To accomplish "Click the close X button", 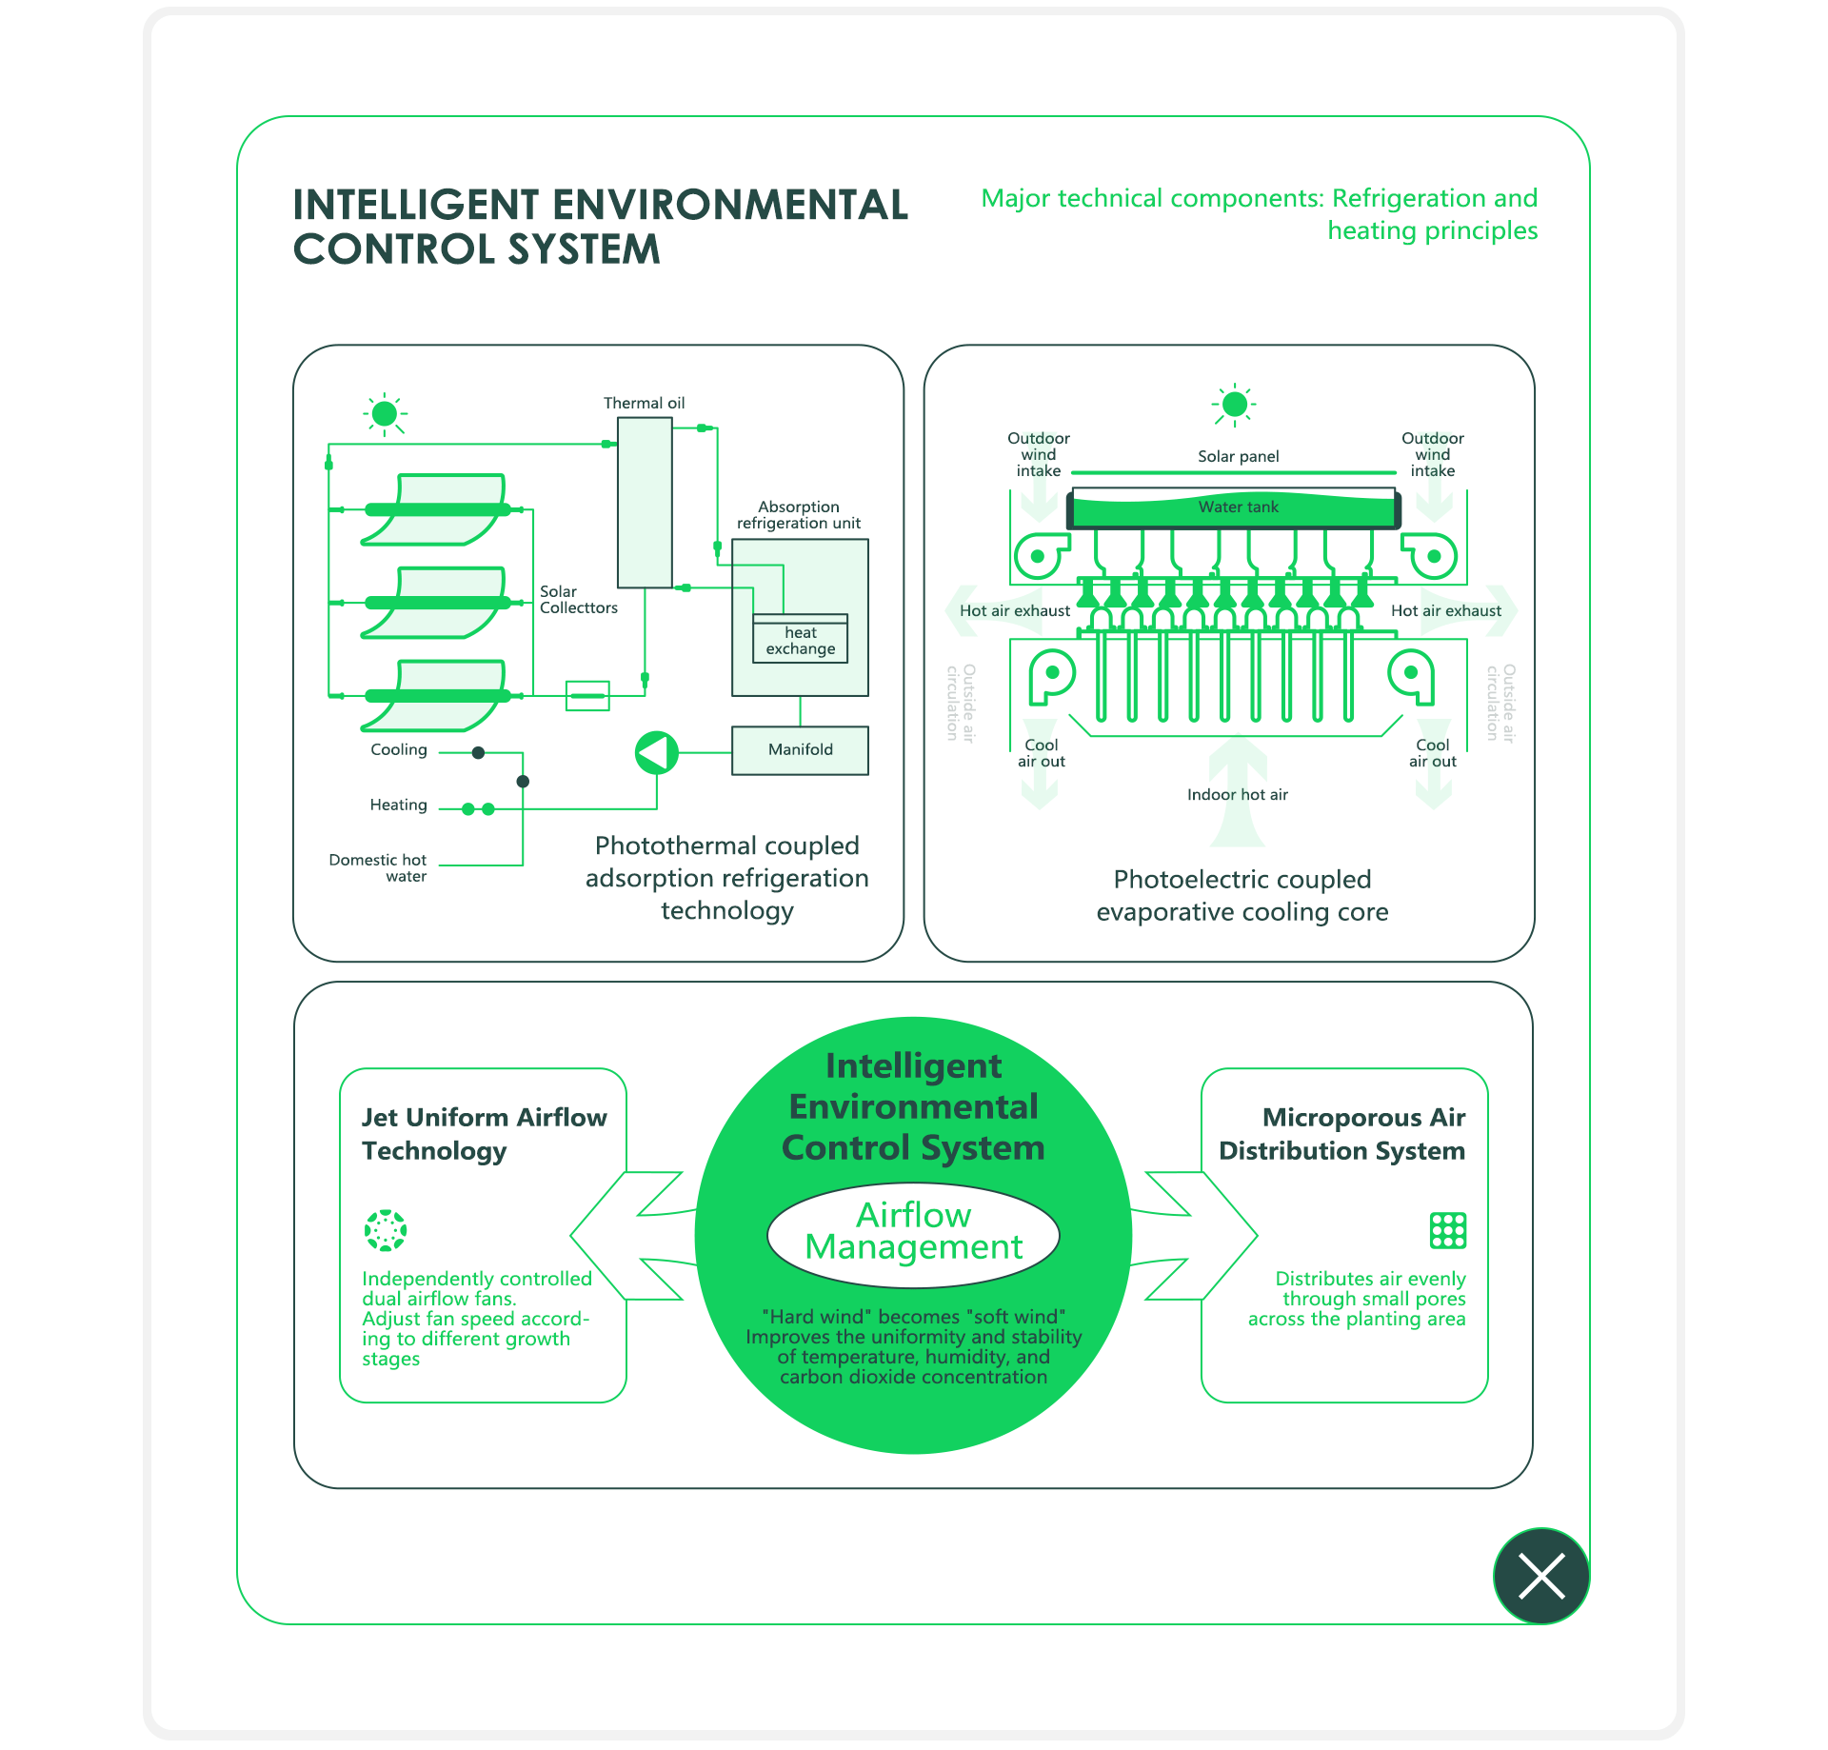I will tap(1541, 1576).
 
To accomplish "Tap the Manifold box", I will tap(800, 750).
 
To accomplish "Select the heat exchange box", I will tap(800, 640).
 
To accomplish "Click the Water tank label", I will tap(1238, 507).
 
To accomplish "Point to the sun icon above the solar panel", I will tap(1234, 405).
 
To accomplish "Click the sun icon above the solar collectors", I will tap(385, 413).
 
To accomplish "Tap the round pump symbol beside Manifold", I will tap(657, 753).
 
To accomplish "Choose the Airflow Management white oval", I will tap(913, 1231).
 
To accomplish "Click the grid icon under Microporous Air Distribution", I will tap(1447, 1230).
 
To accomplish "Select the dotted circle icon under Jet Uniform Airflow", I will tap(386, 1230).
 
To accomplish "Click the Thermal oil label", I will tap(644, 403).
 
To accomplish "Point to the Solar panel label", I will tap(1238, 456).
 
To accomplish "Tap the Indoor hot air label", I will tap(1237, 794).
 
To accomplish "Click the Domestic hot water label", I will tap(379, 867).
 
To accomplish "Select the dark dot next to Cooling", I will tap(479, 753).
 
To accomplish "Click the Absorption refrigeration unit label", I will tap(798, 514).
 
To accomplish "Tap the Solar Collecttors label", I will tap(578, 599).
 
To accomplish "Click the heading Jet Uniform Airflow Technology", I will tap(484, 1133).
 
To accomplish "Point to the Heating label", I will tap(398, 805).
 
